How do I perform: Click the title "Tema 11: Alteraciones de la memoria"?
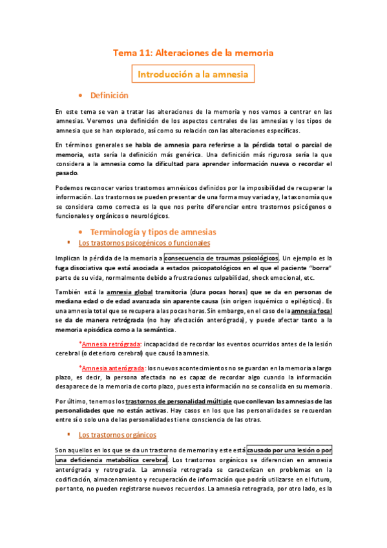[193, 52]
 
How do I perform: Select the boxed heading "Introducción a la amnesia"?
[193, 74]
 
